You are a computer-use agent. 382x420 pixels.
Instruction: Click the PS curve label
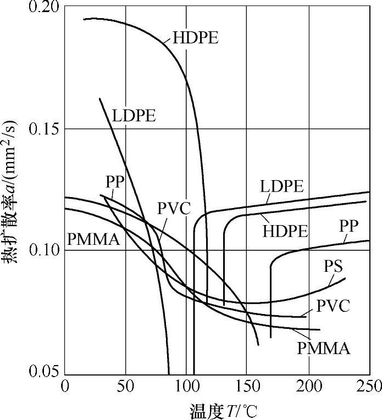334,267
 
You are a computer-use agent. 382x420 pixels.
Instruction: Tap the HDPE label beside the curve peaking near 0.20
196,38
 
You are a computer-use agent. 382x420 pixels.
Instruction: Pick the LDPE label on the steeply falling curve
134,116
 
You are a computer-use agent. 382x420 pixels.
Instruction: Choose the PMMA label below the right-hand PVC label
324,348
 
